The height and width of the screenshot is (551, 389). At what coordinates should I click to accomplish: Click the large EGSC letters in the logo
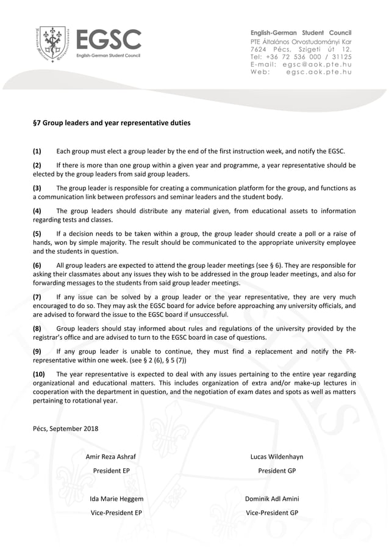point(109,40)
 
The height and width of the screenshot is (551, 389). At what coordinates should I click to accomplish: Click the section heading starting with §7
point(111,123)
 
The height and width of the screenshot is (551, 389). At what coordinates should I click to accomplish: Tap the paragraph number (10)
point(38,374)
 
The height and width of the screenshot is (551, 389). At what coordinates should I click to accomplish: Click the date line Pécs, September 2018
point(65,428)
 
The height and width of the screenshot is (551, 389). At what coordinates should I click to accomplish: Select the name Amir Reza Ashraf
point(110,457)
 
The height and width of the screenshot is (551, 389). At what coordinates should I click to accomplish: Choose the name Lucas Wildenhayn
point(276,457)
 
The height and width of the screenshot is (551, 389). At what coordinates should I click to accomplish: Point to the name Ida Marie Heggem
point(116,499)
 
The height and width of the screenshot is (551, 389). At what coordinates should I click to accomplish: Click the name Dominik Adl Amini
point(272,499)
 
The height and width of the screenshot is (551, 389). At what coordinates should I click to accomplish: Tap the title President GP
point(276,471)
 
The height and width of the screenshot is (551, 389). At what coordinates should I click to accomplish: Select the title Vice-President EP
point(116,513)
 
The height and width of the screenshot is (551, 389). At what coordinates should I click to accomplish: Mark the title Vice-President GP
point(272,513)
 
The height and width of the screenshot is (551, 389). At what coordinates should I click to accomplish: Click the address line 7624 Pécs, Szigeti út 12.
point(301,48)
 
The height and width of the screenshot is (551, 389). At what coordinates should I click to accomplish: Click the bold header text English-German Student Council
point(301,32)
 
